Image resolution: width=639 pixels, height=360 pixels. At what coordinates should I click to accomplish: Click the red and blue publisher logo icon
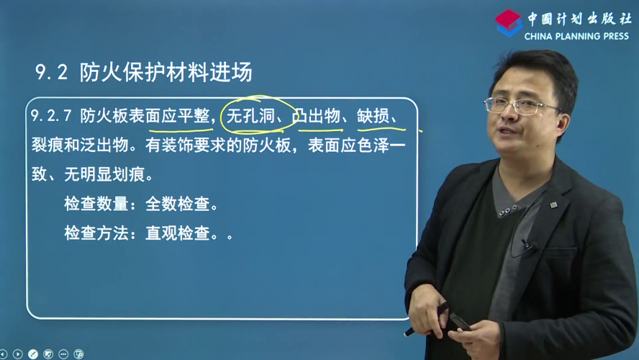point(509,23)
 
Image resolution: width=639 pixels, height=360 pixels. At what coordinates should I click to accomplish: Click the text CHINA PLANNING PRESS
point(576,36)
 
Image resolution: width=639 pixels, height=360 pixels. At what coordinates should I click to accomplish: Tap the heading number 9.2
point(51,72)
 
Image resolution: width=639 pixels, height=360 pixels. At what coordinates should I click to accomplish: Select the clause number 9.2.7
point(51,116)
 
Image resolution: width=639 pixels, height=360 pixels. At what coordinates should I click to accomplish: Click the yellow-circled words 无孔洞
point(250,116)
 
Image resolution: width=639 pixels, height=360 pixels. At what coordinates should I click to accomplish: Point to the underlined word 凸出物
point(316,116)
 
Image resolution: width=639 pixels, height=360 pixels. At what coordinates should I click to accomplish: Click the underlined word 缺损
point(373,116)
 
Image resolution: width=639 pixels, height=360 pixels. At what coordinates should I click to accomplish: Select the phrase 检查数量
point(96,204)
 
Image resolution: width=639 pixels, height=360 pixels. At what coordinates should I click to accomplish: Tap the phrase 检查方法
point(96,233)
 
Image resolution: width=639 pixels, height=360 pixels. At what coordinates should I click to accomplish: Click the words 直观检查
point(177,233)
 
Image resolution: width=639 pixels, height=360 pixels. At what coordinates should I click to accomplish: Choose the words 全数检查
point(177,204)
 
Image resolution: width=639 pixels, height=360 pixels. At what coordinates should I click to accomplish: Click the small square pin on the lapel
point(553,204)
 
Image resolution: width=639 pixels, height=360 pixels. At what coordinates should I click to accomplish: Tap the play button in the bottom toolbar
point(17,354)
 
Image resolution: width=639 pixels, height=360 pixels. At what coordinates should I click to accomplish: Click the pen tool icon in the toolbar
point(33,354)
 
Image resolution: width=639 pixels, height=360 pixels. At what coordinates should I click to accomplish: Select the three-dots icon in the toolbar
point(63,354)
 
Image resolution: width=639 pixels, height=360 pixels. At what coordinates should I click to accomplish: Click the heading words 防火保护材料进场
point(166,72)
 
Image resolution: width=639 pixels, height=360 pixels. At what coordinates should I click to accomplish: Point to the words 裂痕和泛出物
point(80,145)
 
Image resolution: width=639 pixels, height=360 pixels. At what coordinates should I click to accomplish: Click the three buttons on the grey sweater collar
point(508,211)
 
